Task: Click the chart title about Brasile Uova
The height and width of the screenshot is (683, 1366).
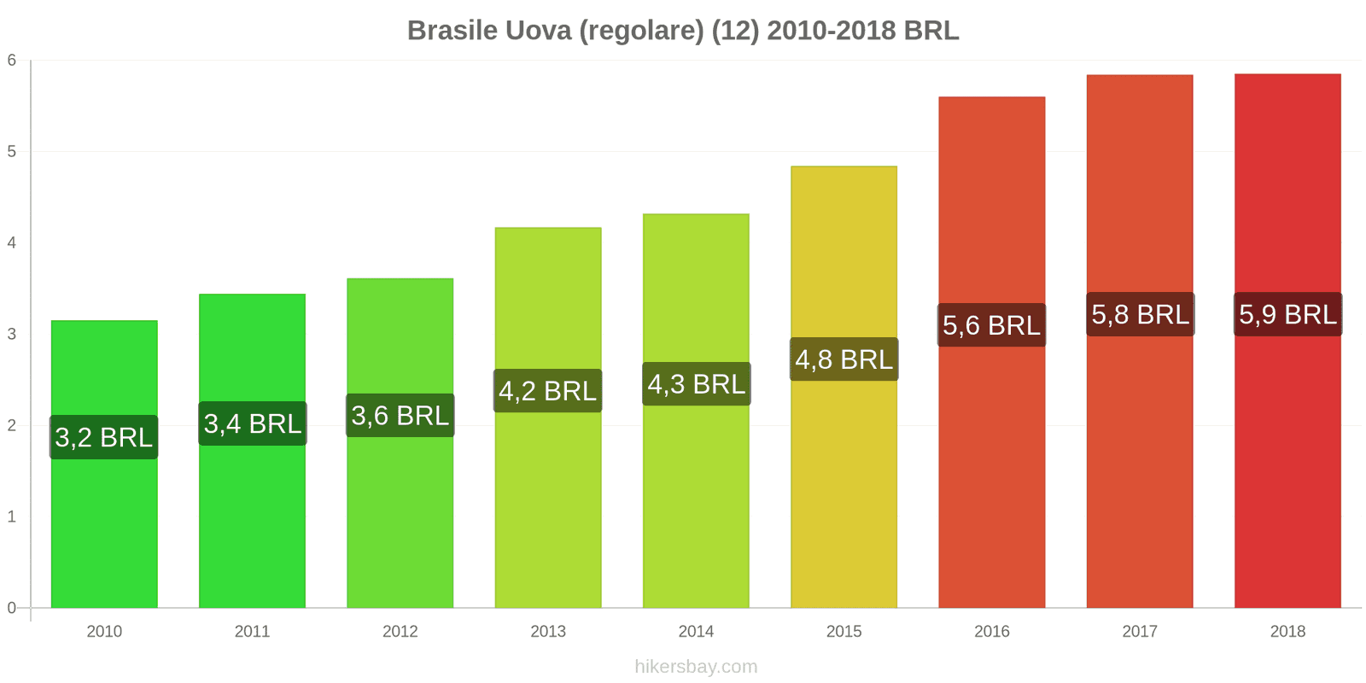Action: pyautogui.click(x=683, y=31)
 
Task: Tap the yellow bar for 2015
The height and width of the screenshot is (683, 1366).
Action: pyautogui.click(x=844, y=495)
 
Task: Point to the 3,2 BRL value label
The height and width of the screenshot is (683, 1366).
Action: pyautogui.click(x=104, y=437)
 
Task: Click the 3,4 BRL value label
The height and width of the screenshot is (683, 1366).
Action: pyautogui.click(x=253, y=423)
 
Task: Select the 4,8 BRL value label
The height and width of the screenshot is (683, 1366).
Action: pyautogui.click(x=844, y=359)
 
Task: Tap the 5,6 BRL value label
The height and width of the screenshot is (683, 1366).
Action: pyautogui.click(x=991, y=325)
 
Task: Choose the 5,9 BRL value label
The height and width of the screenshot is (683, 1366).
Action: pyautogui.click(x=1287, y=314)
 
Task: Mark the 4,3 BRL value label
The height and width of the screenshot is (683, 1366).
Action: pyautogui.click(x=696, y=384)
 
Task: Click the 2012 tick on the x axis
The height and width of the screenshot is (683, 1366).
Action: pyautogui.click(x=400, y=632)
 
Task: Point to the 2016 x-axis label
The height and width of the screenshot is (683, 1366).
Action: pyautogui.click(x=991, y=632)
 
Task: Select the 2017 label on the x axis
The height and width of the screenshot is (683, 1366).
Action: pyautogui.click(x=1140, y=632)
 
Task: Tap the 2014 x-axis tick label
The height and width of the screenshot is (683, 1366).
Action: pyautogui.click(x=696, y=632)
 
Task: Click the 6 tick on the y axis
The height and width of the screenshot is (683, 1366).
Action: pyautogui.click(x=12, y=60)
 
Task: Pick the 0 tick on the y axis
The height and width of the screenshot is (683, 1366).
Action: pyautogui.click(x=12, y=608)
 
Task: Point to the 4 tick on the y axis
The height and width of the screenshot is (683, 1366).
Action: pyautogui.click(x=12, y=242)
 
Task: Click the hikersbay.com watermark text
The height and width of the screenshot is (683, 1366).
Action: pyautogui.click(x=696, y=667)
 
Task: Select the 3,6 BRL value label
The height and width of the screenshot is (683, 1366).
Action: pyautogui.click(x=400, y=416)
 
